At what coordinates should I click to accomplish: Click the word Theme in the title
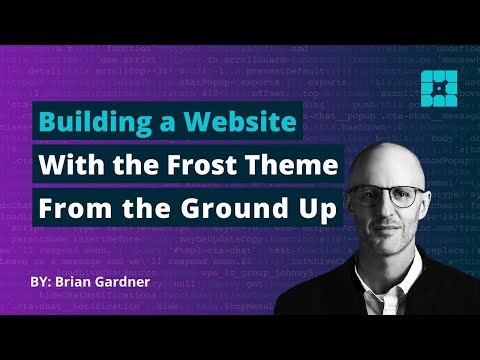click(x=301, y=167)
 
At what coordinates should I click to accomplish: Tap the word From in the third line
click(x=71, y=211)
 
